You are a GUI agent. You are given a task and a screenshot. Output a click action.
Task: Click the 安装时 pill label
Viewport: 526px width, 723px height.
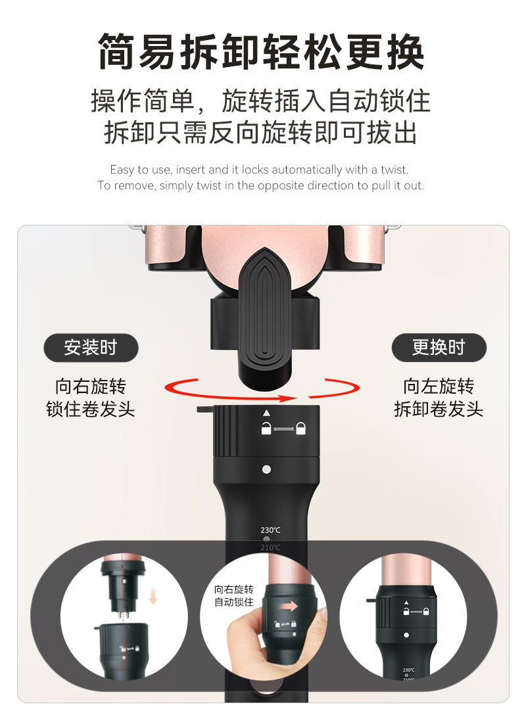pyautogui.click(x=91, y=348)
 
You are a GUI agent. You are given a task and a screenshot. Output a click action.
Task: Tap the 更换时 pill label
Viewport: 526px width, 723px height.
pyautogui.click(x=439, y=348)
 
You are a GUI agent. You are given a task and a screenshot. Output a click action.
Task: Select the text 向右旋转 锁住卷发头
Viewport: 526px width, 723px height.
pyautogui.click(x=91, y=398)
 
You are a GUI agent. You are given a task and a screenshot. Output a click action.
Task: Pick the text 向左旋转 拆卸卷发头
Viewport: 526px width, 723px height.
pyautogui.click(x=439, y=398)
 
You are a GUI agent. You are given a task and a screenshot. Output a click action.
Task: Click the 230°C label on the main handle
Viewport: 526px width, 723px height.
pyautogui.click(x=270, y=530)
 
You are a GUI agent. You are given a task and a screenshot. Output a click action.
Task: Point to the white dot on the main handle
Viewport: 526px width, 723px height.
pyautogui.click(x=266, y=469)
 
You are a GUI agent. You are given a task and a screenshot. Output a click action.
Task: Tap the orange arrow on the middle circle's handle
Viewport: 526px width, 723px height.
pyautogui.click(x=289, y=607)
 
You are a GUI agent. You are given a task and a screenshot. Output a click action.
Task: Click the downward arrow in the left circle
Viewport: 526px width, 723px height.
pyautogui.click(x=153, y=598)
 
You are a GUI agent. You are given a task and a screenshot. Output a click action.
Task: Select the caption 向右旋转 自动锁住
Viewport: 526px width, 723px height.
pyautogui.click(x=234, y=595)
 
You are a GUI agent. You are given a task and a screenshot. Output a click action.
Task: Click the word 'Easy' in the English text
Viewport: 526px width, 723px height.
pyautogui.click(x=122, y=170)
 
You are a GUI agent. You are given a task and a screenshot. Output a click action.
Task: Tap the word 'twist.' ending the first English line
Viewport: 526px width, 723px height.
pyautogui.click(x=394, y=170)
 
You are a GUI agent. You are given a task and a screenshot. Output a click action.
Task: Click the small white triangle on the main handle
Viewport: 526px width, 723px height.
pyautogui.click(x=266, y=413)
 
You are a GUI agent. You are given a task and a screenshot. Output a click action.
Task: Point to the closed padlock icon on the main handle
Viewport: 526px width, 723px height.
pyautogui.click(x=300, y=429)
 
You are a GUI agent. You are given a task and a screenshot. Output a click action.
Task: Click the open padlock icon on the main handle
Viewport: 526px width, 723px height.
pyautogui.click(x=266, y=428)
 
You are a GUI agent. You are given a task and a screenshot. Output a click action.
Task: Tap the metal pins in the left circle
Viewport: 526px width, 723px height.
pyautogui.click(x=123, y=615)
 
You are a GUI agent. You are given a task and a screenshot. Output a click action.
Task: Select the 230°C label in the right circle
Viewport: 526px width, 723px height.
pyautogui.click(x=408, y=670)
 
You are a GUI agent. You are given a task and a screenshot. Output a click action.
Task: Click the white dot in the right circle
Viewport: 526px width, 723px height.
pyautogui.click(x=406, y=635)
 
